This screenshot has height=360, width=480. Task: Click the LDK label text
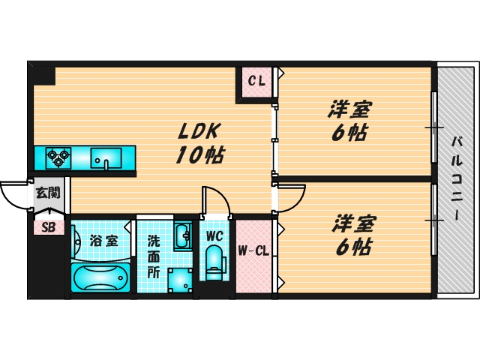coord(197,131)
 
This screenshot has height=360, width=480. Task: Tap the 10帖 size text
coord(200,156)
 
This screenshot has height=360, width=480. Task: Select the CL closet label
coord(256,81)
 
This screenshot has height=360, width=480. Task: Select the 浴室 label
coord(103,241)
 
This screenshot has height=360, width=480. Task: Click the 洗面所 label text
coord(153,256)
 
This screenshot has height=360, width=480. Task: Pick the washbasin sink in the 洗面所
coord(182,238)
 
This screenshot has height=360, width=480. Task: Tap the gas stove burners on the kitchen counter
coord(58,157)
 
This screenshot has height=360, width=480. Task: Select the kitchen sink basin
coord(106,158)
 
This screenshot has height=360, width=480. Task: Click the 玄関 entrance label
coord(48,193)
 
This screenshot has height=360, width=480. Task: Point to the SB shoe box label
coord(48,227)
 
